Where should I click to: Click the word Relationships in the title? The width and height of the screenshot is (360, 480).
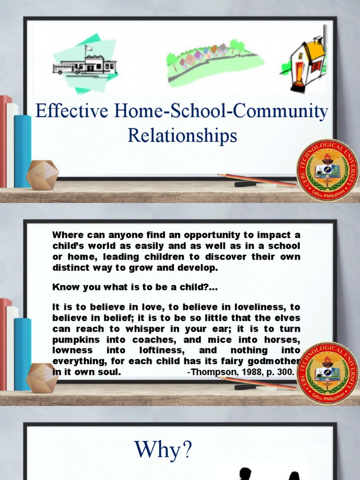182,136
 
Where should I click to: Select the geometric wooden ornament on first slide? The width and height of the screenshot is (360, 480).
42,175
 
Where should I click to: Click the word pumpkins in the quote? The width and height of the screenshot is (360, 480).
73,339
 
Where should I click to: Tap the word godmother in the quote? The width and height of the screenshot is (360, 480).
277,361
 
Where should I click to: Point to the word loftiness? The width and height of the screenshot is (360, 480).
160,350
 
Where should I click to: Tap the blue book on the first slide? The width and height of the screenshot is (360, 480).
22,150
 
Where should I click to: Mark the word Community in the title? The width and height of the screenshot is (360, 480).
283,112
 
